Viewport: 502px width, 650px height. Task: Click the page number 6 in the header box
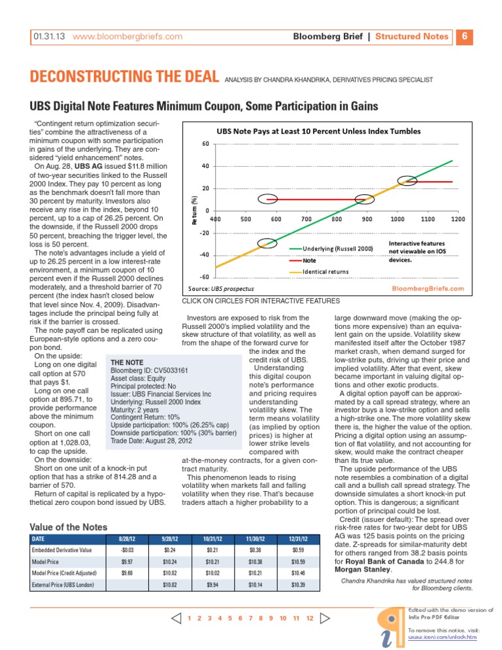463,36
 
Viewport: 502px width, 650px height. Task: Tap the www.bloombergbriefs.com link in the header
127,37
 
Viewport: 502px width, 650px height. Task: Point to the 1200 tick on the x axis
458,219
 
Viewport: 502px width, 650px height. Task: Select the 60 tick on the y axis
205,144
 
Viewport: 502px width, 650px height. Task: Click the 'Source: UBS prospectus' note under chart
221,288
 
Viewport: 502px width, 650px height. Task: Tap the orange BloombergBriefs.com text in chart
427,288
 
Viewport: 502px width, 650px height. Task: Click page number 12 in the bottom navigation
309,618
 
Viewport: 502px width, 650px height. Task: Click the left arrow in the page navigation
175,618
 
